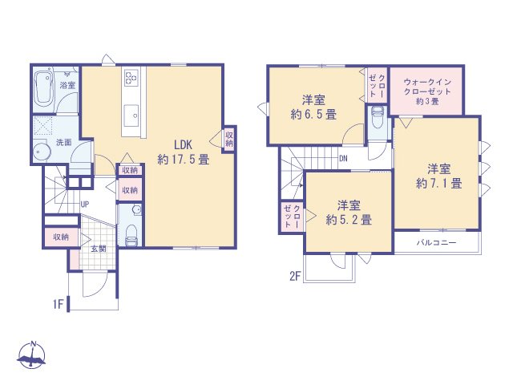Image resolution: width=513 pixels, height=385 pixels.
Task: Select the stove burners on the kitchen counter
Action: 131,79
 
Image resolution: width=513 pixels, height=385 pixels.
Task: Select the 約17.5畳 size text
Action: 184,159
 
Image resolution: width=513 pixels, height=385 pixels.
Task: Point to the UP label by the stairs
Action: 84,203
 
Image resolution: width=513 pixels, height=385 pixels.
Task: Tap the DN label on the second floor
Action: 343,158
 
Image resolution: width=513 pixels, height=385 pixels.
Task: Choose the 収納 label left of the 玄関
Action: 61,237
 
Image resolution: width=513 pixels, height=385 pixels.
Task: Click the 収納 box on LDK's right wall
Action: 229,138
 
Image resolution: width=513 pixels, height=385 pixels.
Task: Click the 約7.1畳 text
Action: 439,184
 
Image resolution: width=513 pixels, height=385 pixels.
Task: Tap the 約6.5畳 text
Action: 314,114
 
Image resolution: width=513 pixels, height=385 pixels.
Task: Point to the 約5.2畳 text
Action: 348,219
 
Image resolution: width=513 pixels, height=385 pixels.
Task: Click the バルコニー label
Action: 436,242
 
